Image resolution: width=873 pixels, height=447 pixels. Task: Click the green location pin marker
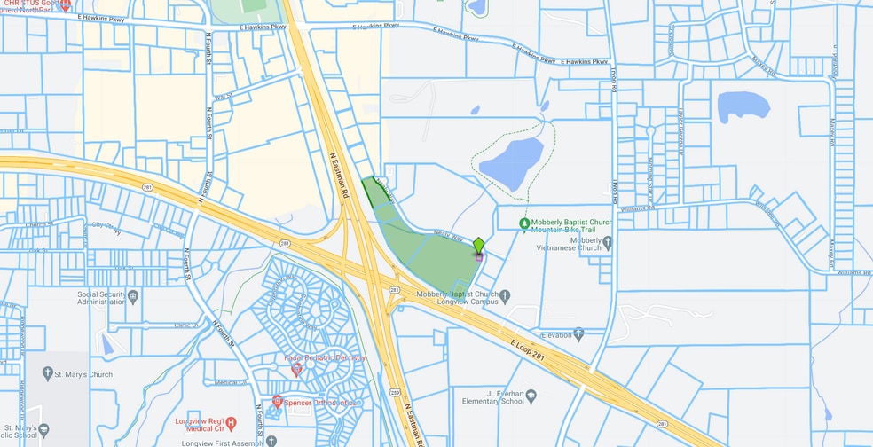[x=478, y=246]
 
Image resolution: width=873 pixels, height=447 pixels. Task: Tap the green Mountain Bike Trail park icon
[x=524, y=223]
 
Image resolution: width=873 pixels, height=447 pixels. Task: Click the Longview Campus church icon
[x=505, y=294]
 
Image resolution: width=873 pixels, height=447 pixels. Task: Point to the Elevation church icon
[x=578, y=334]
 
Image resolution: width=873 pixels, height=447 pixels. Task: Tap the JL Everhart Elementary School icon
[x=531, y=394]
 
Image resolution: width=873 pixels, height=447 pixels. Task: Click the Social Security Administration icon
[x=132, y=295]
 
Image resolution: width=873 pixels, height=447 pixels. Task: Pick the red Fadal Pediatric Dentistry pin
[x=296, y=368]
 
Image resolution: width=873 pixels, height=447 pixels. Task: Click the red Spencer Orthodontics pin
[x=278, y=402]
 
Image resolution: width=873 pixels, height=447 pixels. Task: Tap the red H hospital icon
[x=231, y=422]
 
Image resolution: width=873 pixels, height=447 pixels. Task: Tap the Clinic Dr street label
[x=186, y=325]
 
